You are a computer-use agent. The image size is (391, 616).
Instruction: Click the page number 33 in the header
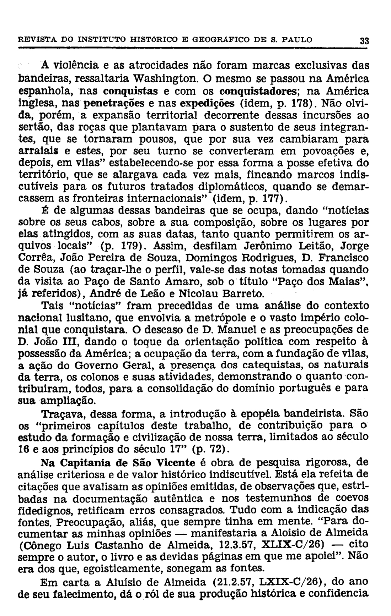point(363,40)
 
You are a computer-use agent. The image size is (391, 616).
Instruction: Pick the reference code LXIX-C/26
point(290,582)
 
